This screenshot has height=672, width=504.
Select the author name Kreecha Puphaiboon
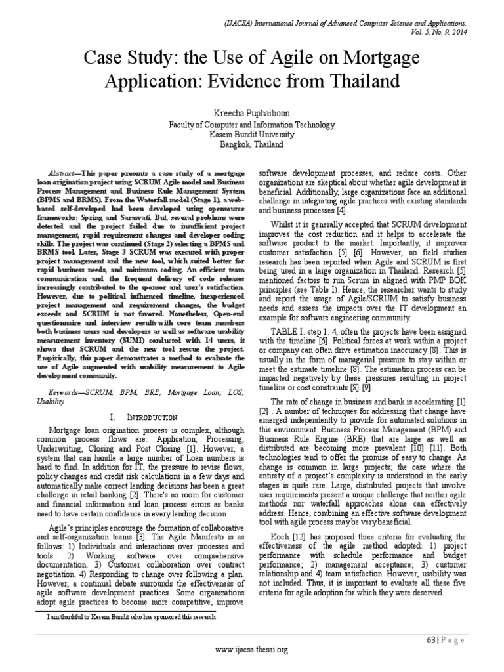pos(252,114)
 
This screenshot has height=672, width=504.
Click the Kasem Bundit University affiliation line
pos(252,133)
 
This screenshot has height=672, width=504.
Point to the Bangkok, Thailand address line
pos(252,142)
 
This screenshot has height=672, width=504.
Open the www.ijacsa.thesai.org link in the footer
pos(252,650)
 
